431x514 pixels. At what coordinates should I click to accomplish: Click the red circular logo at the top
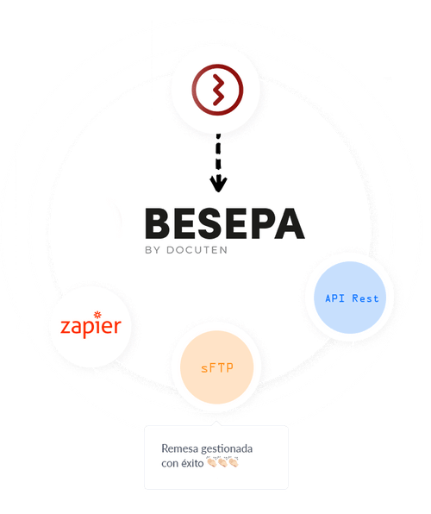(217, 90)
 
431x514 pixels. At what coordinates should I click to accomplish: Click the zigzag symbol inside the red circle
(218, 90)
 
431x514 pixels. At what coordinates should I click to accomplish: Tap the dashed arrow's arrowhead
(218, 184)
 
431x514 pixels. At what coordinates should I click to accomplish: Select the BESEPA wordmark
(225, 223)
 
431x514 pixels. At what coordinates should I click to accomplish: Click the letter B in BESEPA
(158, 223)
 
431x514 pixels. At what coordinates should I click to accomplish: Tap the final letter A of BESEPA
(290, 223)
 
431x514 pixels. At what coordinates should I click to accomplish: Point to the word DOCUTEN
(197, 250)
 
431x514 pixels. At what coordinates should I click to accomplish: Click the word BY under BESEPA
(153, 250)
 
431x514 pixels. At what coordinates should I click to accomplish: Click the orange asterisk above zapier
(97, 315)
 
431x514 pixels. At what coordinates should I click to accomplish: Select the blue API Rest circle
(350, 298)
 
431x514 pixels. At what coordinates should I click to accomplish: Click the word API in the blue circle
(334, 298)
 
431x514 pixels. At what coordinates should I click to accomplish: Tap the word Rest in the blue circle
(365, 298)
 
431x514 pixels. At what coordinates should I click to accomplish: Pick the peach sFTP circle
(217, 367)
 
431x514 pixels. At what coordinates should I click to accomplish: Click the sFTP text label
(217, 368)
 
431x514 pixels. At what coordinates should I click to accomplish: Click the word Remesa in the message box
(179, 448)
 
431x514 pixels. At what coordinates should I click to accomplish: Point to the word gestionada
(227, 449)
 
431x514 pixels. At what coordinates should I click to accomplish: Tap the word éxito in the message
(193, 463)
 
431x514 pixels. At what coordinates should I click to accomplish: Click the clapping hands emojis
(222, 462)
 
